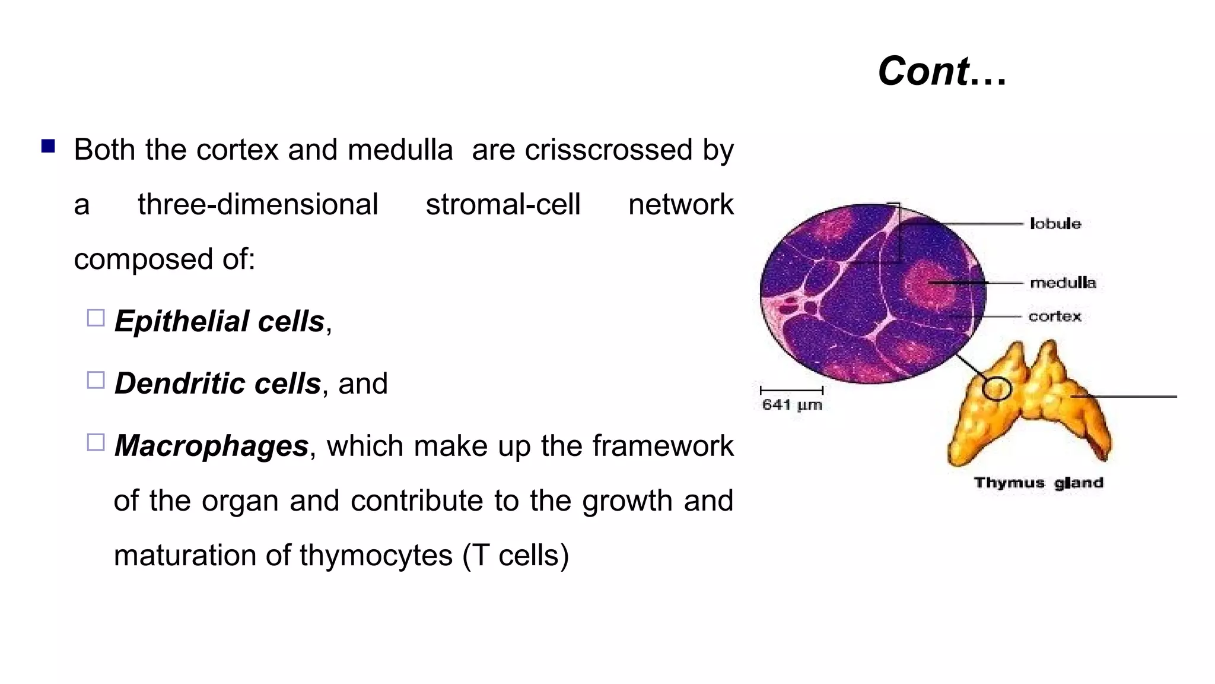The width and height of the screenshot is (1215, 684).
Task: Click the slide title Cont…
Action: (x=942, y=71)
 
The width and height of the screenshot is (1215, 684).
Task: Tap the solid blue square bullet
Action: (x=48, y=146)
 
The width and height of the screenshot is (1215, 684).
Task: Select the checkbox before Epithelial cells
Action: (x=96, y=318)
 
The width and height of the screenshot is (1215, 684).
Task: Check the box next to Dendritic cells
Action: (x=96, y=380)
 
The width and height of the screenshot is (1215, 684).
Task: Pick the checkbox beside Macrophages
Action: (x=96, y=442)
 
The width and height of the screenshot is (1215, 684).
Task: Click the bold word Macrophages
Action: (x=211, y=446)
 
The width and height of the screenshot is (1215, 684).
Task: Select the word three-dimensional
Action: (x=257, y=205)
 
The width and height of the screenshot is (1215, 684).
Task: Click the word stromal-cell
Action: (x=502, y=205)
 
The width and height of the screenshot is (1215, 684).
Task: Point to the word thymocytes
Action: (x=376, y=556)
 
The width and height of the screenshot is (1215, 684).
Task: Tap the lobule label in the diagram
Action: (x=1055, y=224)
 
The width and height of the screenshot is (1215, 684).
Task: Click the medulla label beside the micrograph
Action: (x=1063, y=283)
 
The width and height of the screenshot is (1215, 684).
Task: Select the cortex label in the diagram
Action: (x=1054, y=316)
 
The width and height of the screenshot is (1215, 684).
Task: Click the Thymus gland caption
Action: (x=1038, y=483)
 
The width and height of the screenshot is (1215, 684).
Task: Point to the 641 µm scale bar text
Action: (x=791, y=405)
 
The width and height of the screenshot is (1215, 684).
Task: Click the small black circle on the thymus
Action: (x=996, y=389)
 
